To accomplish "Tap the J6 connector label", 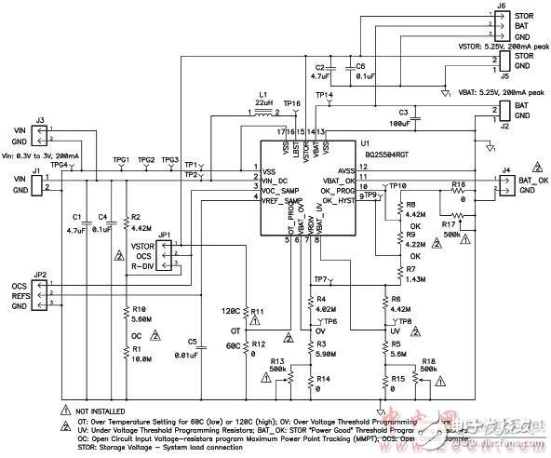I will pos(501,6).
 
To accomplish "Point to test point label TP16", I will pos(292,103).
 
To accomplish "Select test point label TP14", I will pos(324,95).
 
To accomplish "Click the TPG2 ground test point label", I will pos(146,160).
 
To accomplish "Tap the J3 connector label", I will pos(39,120).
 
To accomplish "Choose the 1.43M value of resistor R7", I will pos(416,278).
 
